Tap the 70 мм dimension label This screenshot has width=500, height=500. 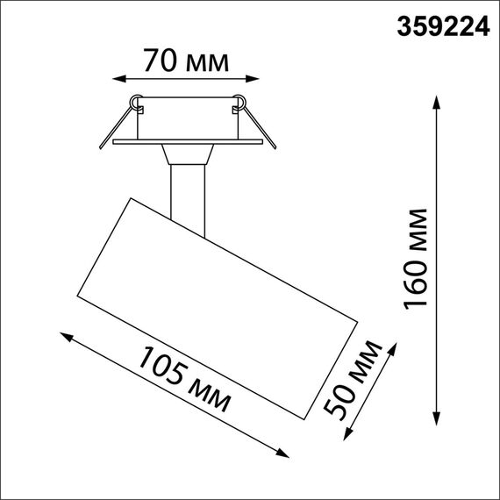[186, 61]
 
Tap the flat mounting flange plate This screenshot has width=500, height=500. [186, 140]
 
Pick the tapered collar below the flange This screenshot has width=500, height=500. [186, 155]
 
